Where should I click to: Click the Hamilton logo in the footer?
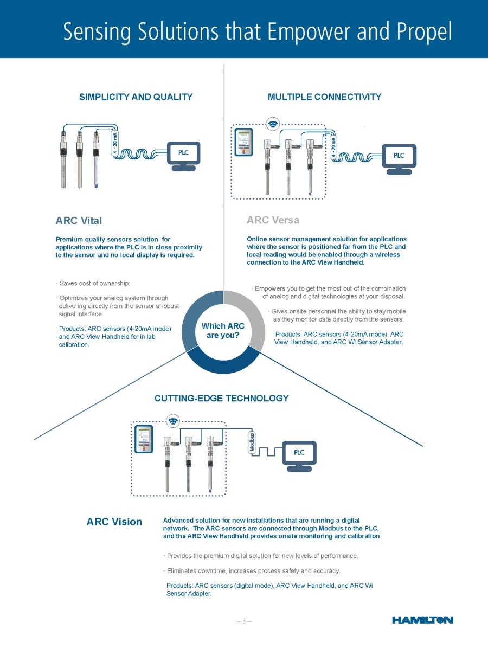pyautogui.click(x=422, y=620)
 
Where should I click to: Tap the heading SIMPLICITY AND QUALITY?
pyautogui.click(x=136, y=97)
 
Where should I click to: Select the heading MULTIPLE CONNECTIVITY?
pyautogui.click(x=324, y=97)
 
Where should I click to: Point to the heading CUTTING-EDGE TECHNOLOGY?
pyautogui.click(x=221, y=398)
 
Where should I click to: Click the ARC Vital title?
pyautogui.click(x=79, y=221)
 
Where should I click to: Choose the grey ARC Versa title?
pyautogui.click(x=273, y=220)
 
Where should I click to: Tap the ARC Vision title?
pyautogui.click(x=114, y=522)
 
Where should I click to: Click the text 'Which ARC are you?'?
pyautogui.click(x=223, y=330)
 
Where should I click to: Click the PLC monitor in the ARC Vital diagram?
pyautogui.click(x=183, y=155)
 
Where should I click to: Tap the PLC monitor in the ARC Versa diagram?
pyautogui.click(x=399, y=157)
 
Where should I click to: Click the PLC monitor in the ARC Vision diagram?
pyautogui.click(x=299, y=454)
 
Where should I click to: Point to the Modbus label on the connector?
pyautogui.click(x=252, y=444)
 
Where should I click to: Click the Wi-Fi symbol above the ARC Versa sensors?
pyautogui.click(x=274, y=124)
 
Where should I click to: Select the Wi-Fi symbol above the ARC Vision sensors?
pyautogui.click(x=174, y=420)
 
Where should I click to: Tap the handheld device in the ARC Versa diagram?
pyautogui.click(x=243, y=143)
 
